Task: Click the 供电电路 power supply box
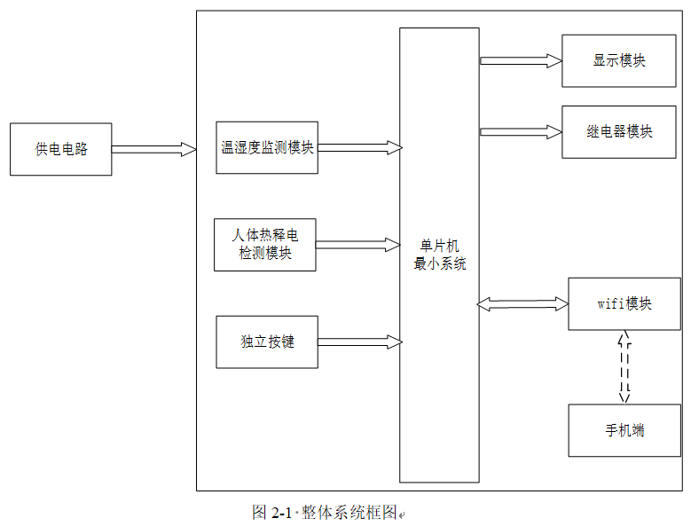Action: pyautogui.click(x=61, y=149)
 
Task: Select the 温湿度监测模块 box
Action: pyautogui.click(x=267, y=147)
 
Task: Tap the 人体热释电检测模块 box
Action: pyautogui.click(x=265, y=245)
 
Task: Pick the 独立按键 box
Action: pyautogui.click(x=267, y=342)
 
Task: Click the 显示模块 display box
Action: pyautogui.click(x=619, y=61)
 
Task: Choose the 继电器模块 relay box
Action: pyautogui.click(x=619, y=131)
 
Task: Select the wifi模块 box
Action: pyautogui.click(x=624, y=304)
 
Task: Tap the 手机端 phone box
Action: pyautogui.click(x=624, y=430)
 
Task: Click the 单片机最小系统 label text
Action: pyautogui.click(x=440, y=255)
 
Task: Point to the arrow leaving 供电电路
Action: pyautogui.click(x=153, y=149)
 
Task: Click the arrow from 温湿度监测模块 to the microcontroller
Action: pyautogui.click(x=360, y=147)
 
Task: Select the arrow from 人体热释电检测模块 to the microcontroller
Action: pyautogui.click(x=357, y=245)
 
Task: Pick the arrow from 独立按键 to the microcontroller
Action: pyautogui.click(x=360, y=342)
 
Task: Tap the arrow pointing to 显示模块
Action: pyautogui.click(x=521, y=61)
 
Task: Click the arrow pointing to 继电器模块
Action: pyautogui.click(x=521, y=131)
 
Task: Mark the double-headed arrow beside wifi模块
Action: pyautogui.click(x=522, y=304)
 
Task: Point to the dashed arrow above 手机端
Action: pyautogui.click(x=624, y=367)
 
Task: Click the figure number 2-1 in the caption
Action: pyautogui.click(x=281, y=513)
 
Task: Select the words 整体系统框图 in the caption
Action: pyautogui.click(x=349, y=513)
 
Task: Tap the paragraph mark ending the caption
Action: pyautogui.click(x=402, y=514)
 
